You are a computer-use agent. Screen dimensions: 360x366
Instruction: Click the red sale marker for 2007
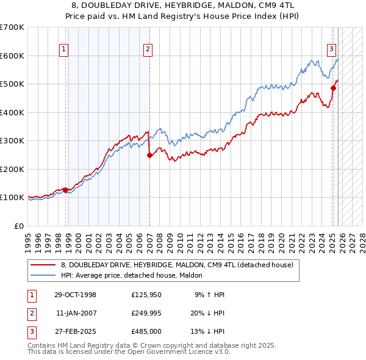tap(149, 155)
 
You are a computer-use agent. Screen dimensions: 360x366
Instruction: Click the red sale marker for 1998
tap(66, 190)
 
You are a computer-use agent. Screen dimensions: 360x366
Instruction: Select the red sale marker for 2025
tap(333, 88)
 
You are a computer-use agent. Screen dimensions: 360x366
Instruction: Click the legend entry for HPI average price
tap(135, 275)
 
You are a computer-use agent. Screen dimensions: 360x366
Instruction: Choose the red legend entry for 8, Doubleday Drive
tap(177, 265)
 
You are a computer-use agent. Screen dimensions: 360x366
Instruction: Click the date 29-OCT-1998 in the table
tap(75, 295)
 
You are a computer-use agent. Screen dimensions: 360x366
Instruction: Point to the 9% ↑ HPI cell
tap(209, 295)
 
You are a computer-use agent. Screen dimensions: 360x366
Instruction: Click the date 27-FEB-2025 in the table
tap(75, 331)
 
